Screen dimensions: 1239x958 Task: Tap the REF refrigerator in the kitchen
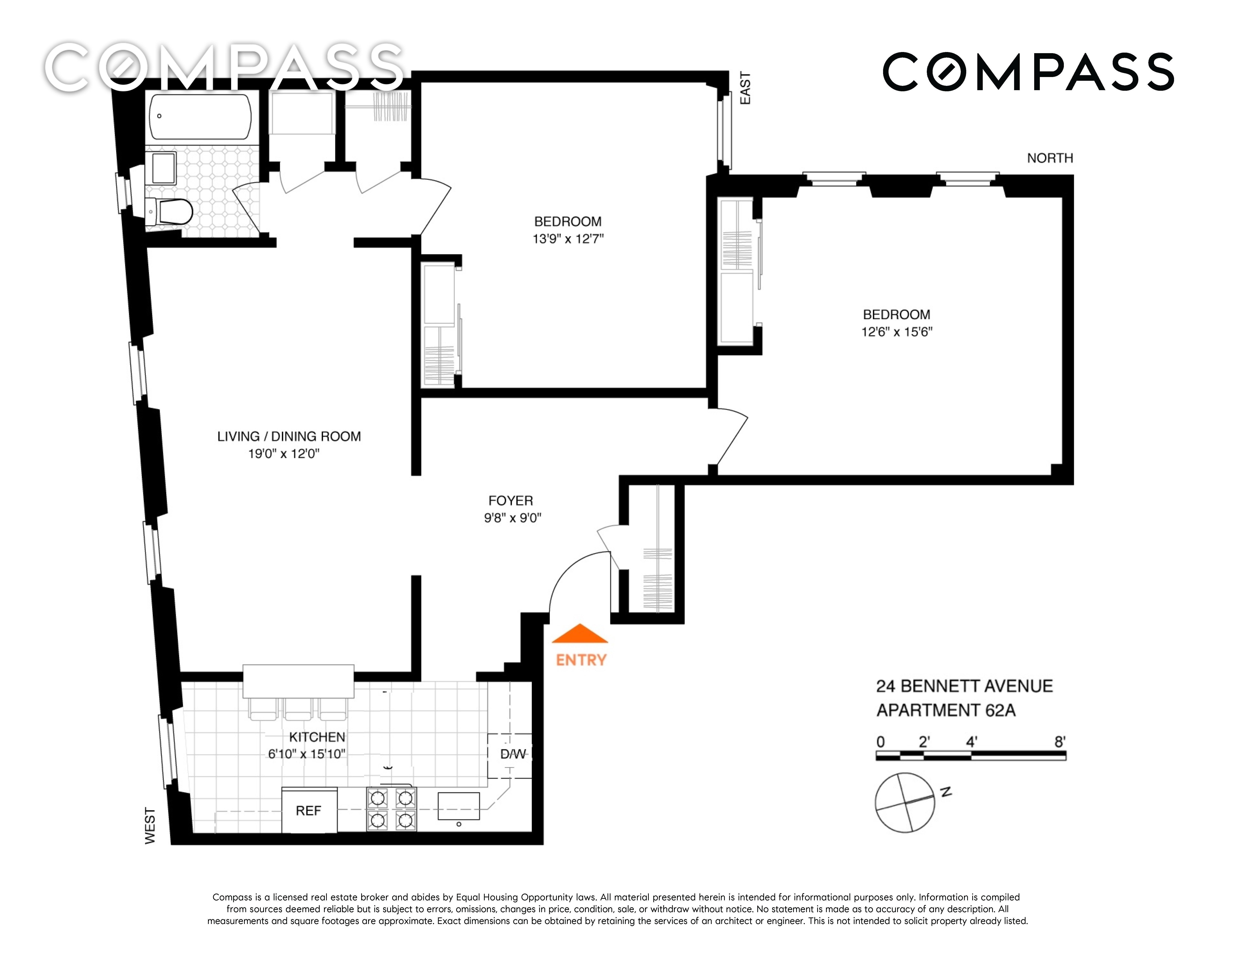pyautogui.click(x=309, y=810)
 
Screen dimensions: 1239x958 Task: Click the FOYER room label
pyautogui.click(x=511, y=501)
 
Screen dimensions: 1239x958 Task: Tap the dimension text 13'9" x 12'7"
pyautogui.click(x=568, y=239)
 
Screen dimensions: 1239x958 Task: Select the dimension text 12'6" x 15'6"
pyautogui.click(x=897, y=332)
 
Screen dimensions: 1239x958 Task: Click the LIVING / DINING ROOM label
pyautogui.click(x=289, y=436)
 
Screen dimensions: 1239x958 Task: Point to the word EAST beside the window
pyautogui.click(x=745, y=88)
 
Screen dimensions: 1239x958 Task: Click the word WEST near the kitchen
pyautogui.click(x=150, y=826)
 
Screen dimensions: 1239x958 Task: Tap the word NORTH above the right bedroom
pyautogui.click(x=1050, y=158)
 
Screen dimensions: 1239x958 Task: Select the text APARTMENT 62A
pyautogui.click(x=946, y=710)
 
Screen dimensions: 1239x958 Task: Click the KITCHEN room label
pyautogui.click(x=317, y=737)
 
